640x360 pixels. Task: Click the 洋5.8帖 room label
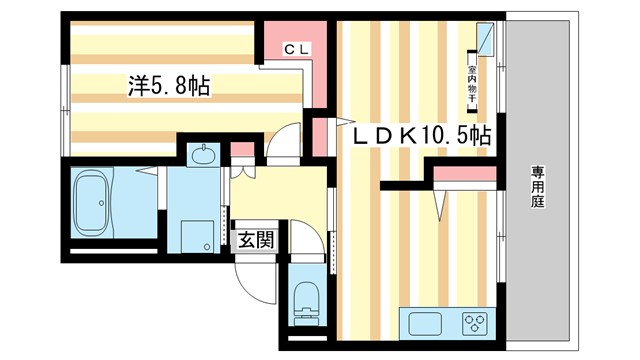tap(167, 87)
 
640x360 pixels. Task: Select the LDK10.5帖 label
tap(418, 135)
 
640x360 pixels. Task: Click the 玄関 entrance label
tap(256, 239)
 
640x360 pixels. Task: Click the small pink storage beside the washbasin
tap(240, 152)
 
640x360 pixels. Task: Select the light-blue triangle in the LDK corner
tap(483, 39)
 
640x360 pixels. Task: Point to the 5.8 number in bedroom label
tap(169, 87)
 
